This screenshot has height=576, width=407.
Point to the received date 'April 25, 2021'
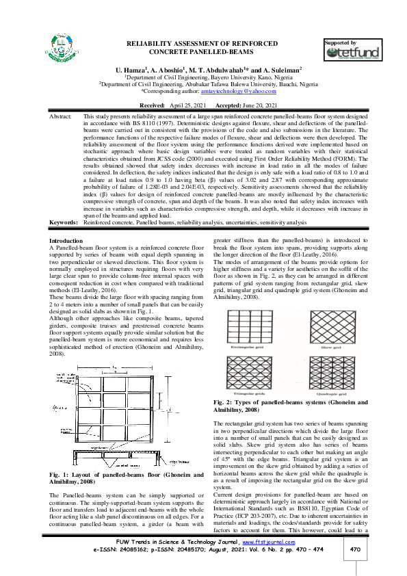pyautogui.click(x=187, y=106)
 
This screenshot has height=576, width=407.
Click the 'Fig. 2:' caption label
pyautogui.click(x=224, y=402)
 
